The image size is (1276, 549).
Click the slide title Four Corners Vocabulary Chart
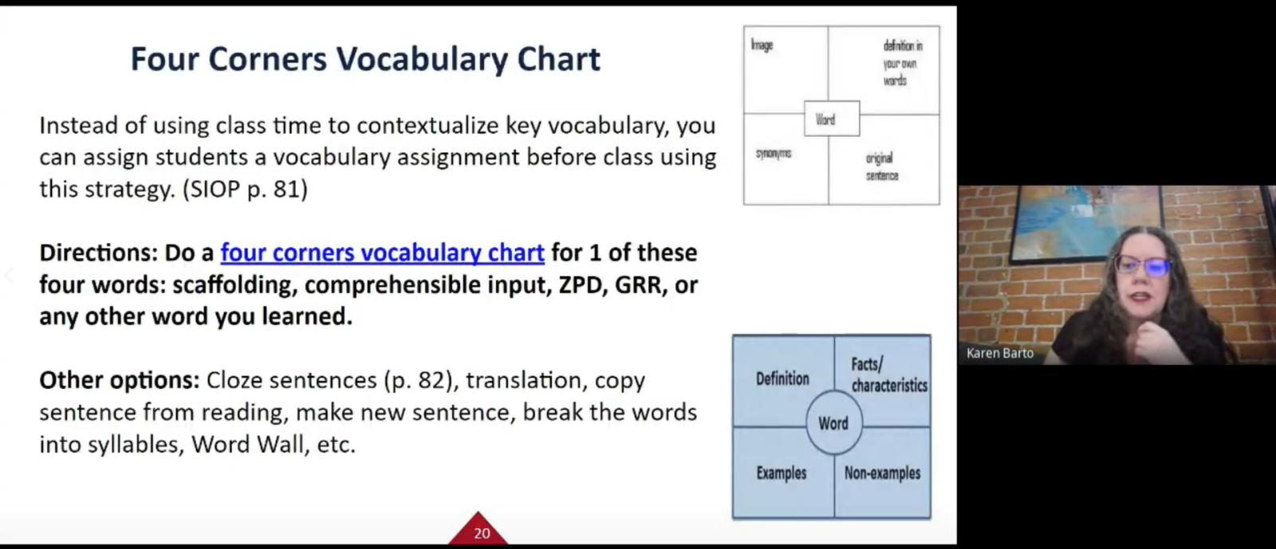[365, 59]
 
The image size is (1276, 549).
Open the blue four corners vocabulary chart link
[382, 253]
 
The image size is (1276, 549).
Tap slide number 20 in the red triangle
[482, 533]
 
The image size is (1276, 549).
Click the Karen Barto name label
[1000, 353]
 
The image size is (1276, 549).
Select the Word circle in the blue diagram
[834, 422]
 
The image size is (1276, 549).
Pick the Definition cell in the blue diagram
[782, 379]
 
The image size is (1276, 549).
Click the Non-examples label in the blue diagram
[882, 473]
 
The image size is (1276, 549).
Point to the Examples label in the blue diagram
[782, 473]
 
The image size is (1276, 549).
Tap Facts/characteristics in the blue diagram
[888, 375]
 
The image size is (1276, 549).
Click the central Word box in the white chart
[832, 119]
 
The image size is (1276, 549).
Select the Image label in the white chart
[762, 45]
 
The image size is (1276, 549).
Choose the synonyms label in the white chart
[774, 153]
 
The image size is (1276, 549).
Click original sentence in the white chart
[882, 167]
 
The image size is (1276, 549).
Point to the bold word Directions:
[99, 253]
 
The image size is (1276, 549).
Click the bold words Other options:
[120, 380]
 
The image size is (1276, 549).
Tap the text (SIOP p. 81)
[245, 190]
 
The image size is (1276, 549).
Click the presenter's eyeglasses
[1142, 265]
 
